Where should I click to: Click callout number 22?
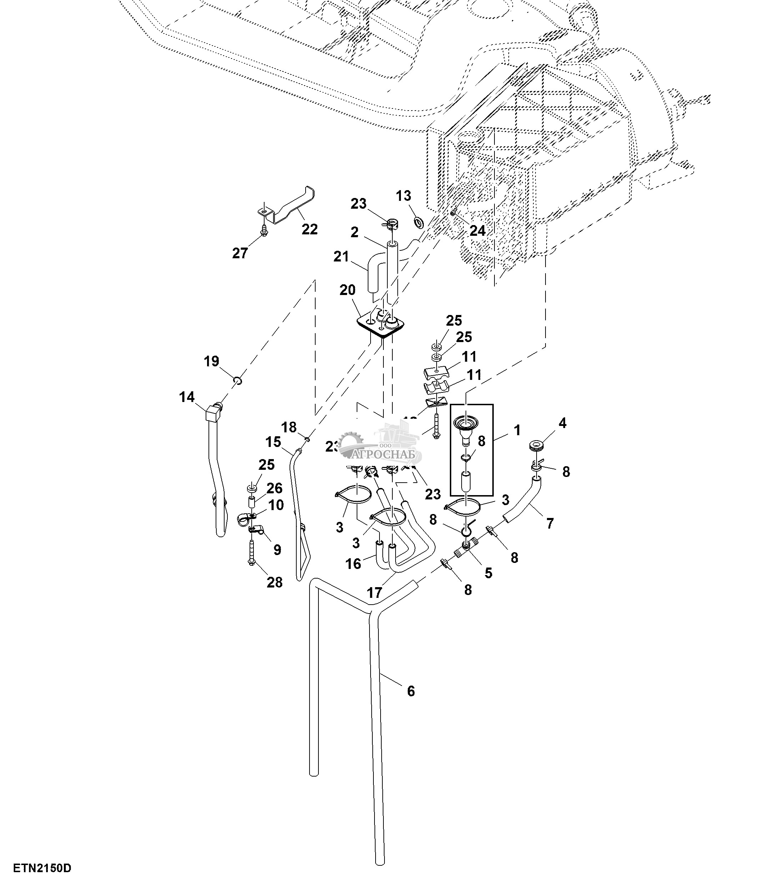pyautogui.click(x=310, y=229)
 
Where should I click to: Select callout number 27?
pyautogui.click(x=240, y=253)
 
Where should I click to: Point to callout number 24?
pyautogui.click(x=477, y=231)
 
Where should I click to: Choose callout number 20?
pyautogui.click(x=347, y=290)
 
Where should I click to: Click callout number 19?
pyautogui.click(x=211, y=361)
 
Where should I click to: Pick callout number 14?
pyautogui.click(x=187, y=397)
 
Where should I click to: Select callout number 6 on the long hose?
pyautogui.click(x=411, y=691)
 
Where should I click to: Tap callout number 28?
pyautogui.click(x=275, y=582)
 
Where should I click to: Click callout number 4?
pyautogui.click(x=562, y=423)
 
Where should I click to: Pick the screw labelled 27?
pyautogui.click(x=264, y=231)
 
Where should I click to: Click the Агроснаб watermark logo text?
pyautogui.click(x=386, y=454)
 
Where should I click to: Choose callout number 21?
pyautogui.click(x=341, y=257)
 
